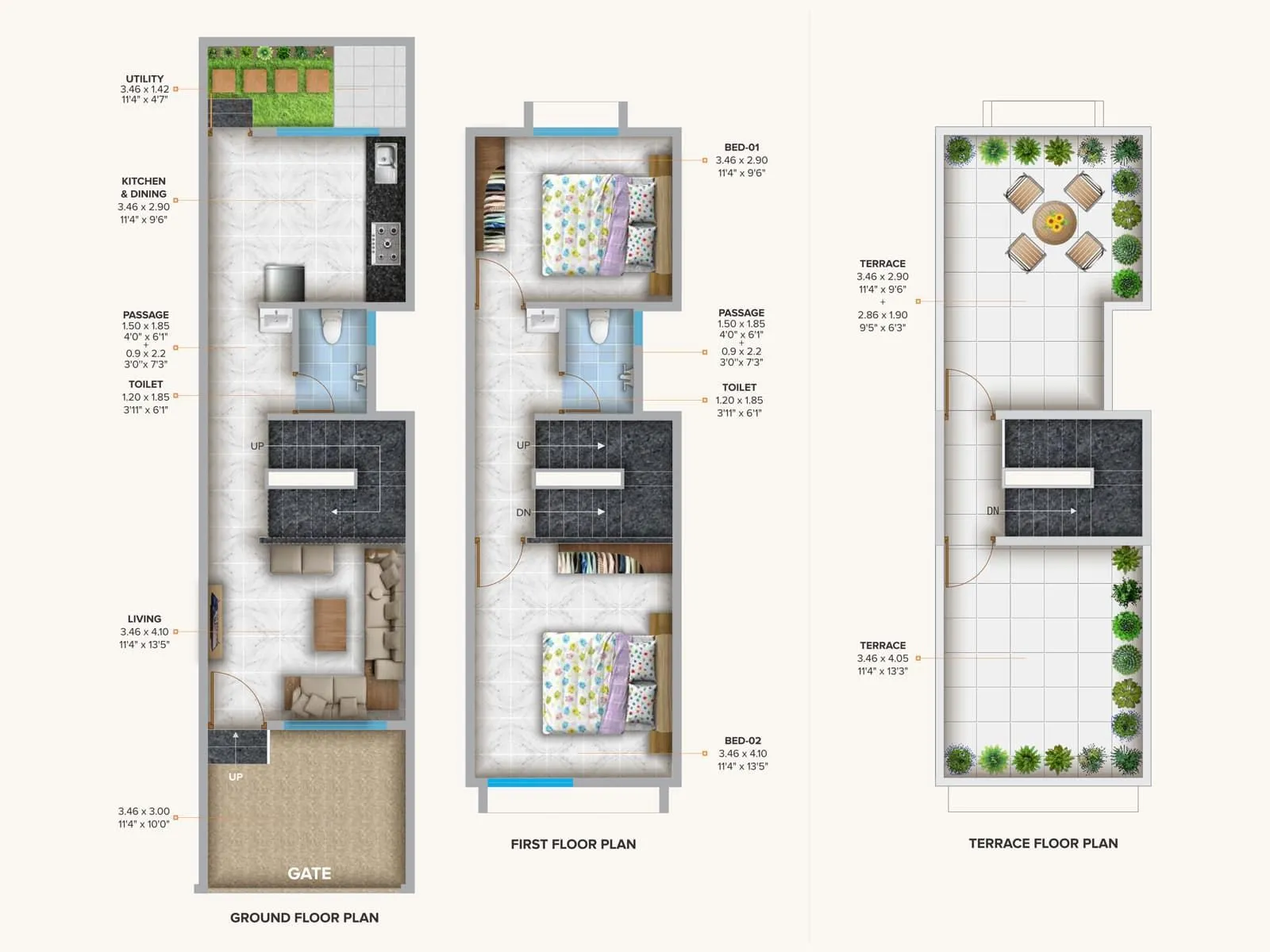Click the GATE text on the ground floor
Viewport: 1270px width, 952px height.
pyautogui.click(x=309, y=873)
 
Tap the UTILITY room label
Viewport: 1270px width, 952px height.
pyautogui.click(x=144, y=79)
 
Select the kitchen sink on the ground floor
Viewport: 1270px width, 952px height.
pyautogui.click(x=386, y=163)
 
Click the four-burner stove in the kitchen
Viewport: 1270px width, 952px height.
pyautogui.click(x=387, y=244)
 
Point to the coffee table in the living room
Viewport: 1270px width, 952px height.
pyautogui.click(x=330, y=624)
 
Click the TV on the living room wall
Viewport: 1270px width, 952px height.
pyautogui.click(x=215, y=622)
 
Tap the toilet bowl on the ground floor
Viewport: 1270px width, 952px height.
pyautogui.click(x=331, y=326)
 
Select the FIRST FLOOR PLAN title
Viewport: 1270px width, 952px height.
pyautogui.click(x=573, y=844)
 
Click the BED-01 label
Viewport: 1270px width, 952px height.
pyautogui.click(x=741, y=148)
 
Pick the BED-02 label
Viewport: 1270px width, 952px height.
pyautogui.click(x=742, y=741)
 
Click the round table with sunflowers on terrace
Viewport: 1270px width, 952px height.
pyautogui.click(x=1054, y=221)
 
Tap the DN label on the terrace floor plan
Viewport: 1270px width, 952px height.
pyautogui.click(x=993, y=511)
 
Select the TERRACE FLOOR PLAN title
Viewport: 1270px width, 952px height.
pyautogui.click(x=1043, y=843)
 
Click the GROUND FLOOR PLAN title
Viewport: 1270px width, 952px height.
pyautogui.click(x=304, y=918)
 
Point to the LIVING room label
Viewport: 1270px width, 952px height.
pyautogui.click(x=144, y=619)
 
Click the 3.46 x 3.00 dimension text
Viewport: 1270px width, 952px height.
pyautogui.click(x=144, y=812)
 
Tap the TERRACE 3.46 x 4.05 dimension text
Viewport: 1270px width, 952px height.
pyautogui.click(x=883, y=658)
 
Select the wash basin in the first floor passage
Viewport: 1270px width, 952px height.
pyautogui.click(x=543, y=321)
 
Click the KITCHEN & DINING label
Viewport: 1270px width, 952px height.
pyautogui.click(x=144, y=187)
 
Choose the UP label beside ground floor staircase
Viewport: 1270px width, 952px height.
pyautogui.click(x=257, y=446)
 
